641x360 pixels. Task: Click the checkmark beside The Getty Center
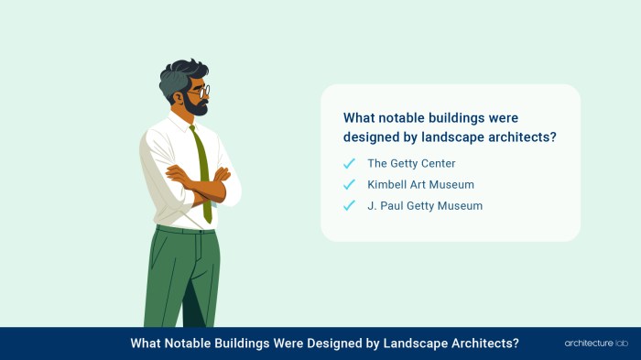pyautogui.click(x=349, y=163)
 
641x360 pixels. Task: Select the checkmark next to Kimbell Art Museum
pyautogui.click(x=349, y=184)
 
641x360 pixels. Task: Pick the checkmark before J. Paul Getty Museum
pyautogui.click(x=349, y=205)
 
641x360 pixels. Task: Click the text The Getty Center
pyautogui.click(x=411, y=163)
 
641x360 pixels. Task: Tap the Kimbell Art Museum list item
pyautogui.click(x=420, y=184)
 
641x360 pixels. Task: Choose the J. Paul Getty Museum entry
pyautogui.click(x=425, y=205)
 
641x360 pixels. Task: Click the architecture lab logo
pyautogui.click(x=594, y=344)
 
